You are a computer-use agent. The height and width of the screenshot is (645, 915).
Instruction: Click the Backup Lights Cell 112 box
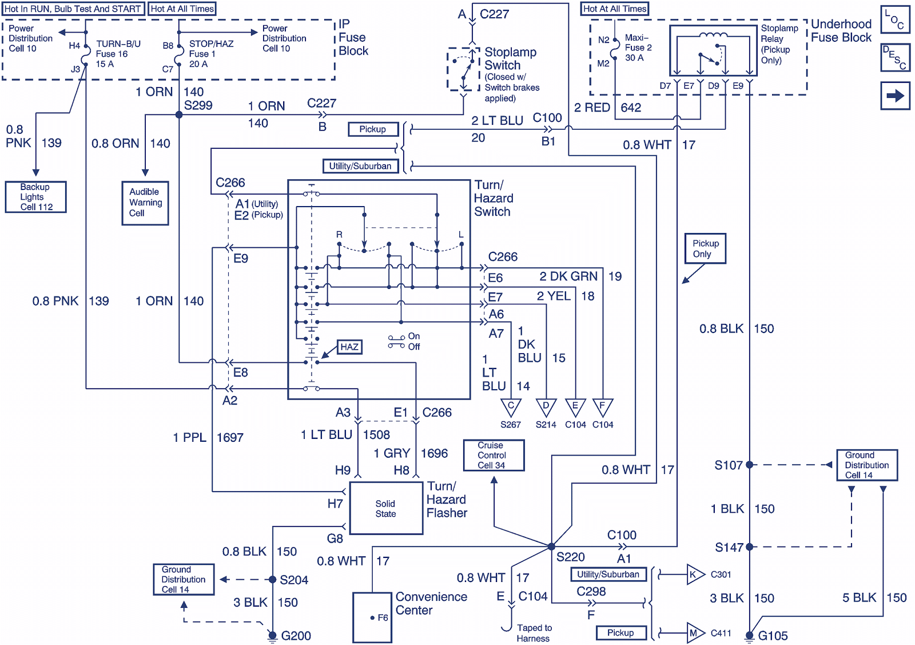[x=35, y=197]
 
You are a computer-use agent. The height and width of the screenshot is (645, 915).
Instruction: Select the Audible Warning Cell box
[x=145, y=203]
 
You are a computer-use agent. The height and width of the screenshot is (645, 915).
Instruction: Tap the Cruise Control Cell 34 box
[x=494, y=455]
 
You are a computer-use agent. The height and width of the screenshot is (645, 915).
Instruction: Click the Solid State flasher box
[x=386, y=508]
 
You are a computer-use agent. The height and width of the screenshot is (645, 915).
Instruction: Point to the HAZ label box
[x=349, y=347]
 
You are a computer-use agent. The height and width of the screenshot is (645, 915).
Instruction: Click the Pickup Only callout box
[x=705, y=248]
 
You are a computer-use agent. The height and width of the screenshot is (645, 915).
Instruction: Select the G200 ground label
[x=296, y=635]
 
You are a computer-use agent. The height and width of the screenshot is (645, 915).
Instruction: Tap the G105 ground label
[x=773, y=635]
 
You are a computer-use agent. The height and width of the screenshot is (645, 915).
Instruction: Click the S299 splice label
[x=198, y=105]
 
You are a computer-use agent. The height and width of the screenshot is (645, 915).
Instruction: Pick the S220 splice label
[x=570, y=557]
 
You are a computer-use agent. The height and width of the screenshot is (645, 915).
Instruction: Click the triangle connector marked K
[x=694, y=575]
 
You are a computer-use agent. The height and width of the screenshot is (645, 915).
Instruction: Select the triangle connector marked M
[x=694, y=633]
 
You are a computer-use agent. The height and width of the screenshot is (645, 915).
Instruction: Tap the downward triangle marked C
[x=511, y=407]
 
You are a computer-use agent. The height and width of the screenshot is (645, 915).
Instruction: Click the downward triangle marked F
[x=602, y=407]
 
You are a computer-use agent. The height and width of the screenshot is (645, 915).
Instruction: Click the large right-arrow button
[x=895, y=96]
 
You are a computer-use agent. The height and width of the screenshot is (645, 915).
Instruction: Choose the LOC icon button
[x=895, y=19]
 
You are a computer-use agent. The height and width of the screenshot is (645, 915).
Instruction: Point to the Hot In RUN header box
[x=73, y=9]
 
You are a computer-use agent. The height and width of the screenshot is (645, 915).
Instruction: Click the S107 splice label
[x=728, y=465]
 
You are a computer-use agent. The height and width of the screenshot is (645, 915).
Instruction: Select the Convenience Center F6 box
[x=372, y=618]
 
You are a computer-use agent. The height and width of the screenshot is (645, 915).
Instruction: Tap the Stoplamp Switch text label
[x=510, y=58]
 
